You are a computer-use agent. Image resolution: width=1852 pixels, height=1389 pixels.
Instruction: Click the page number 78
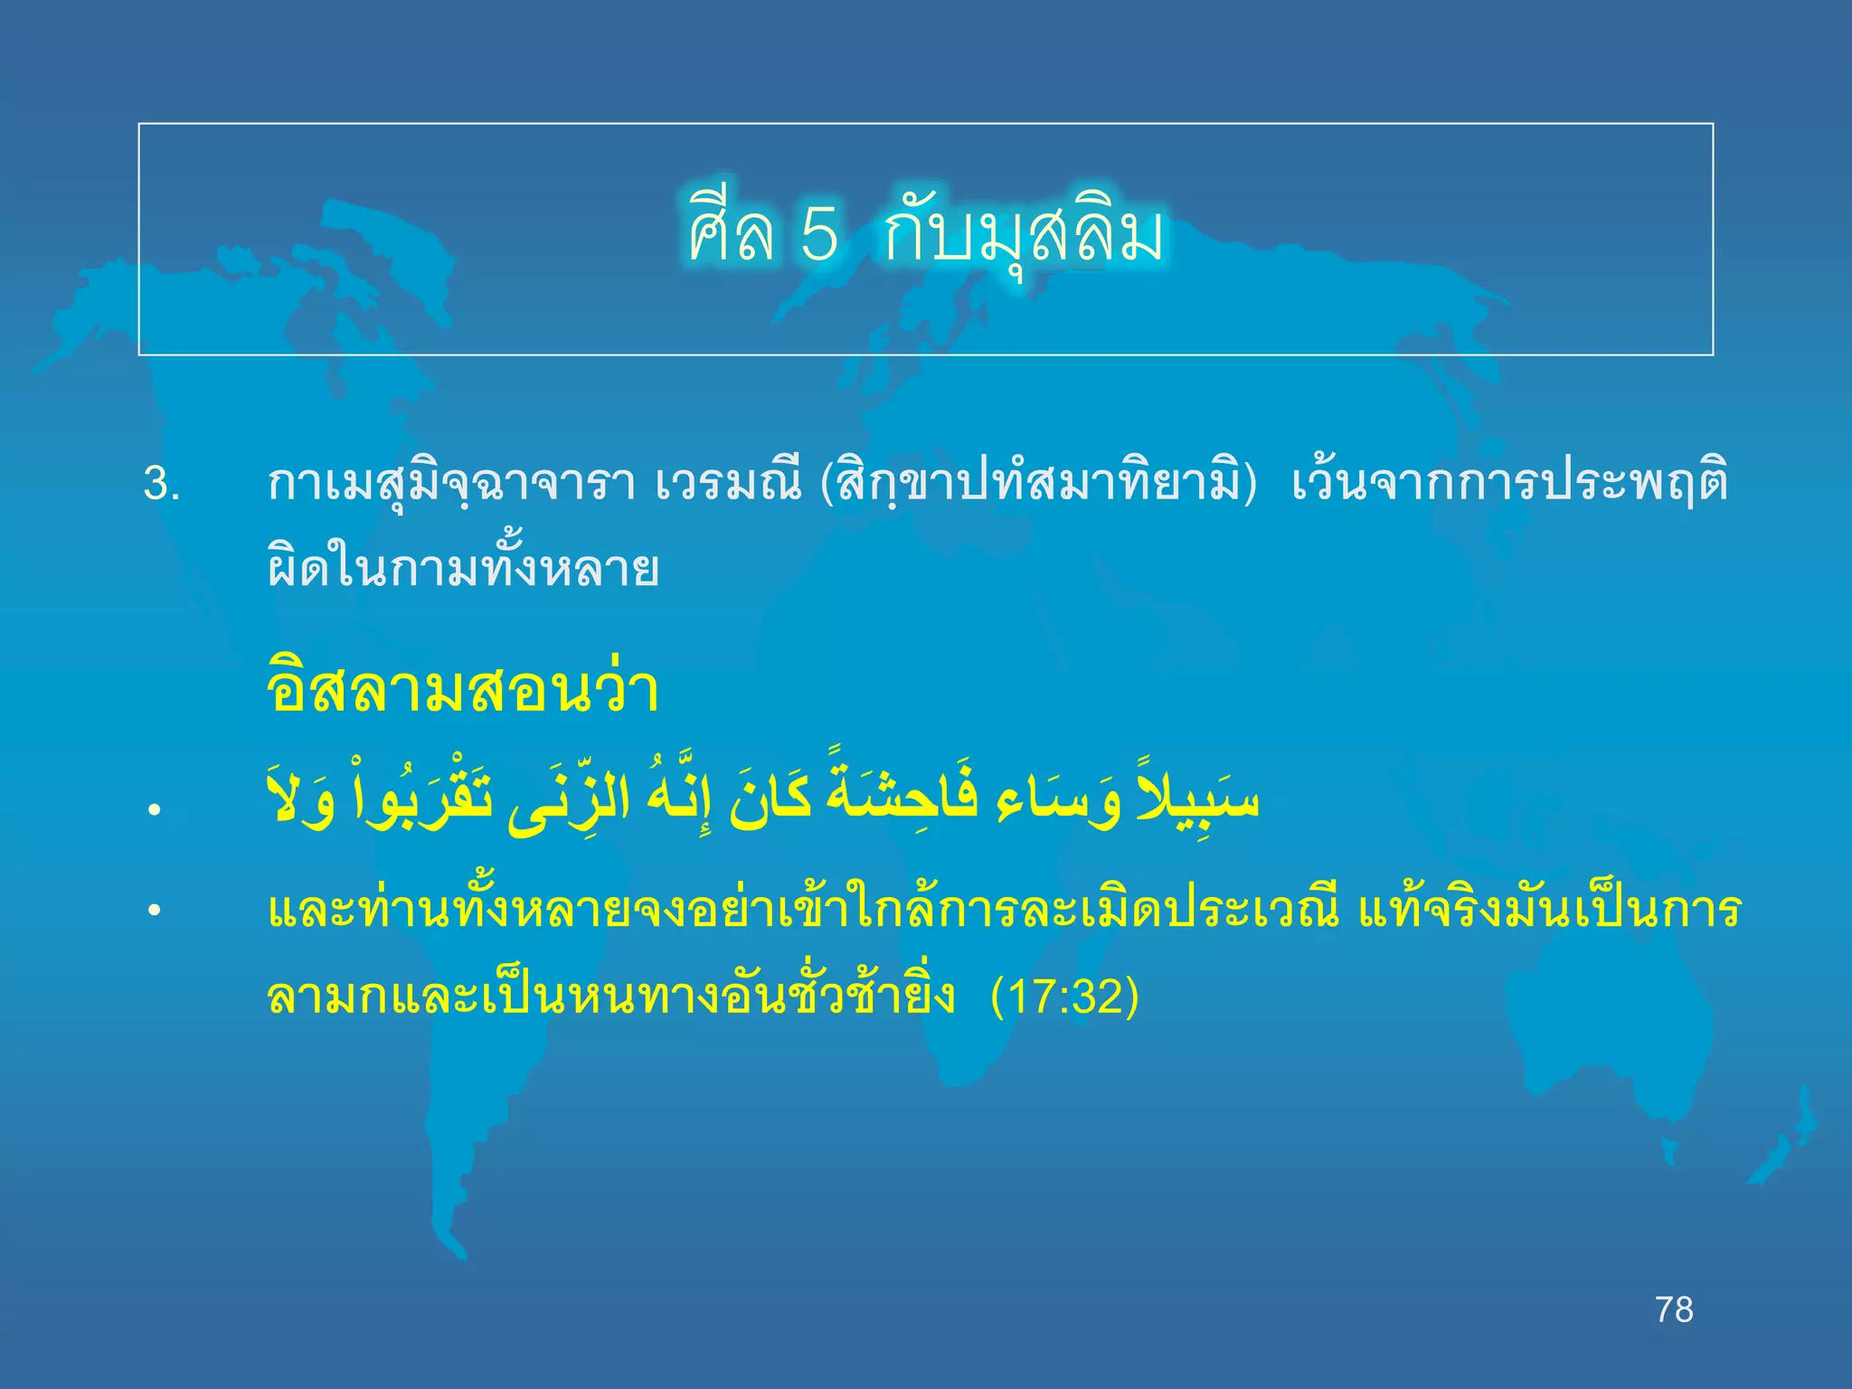[x=1674, y=1309]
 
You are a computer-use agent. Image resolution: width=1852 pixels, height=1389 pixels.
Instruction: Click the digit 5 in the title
[x=819, y=234]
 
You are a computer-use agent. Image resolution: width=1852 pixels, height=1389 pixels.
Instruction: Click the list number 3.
[x=162, y=484]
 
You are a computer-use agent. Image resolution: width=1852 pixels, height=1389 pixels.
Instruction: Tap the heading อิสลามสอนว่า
[x=463, y=690]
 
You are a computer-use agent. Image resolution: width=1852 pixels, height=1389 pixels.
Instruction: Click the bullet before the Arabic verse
[x=156, y=809]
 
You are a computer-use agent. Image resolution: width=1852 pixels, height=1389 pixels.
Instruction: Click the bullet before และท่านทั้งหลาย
[x=156, y=911]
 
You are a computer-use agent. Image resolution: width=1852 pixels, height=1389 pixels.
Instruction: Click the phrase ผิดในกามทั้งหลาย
[x=463, y=569]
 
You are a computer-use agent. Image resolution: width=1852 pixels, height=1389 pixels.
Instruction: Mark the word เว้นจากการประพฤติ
[x=1509, y=484]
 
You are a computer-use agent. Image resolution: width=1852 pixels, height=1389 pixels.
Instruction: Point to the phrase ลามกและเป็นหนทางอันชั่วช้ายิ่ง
[x=611, y=997]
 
